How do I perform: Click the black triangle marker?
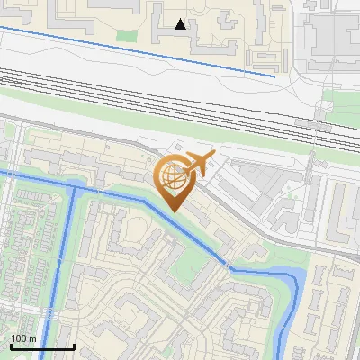tap(181, 24)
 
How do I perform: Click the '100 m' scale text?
tap(23, 337)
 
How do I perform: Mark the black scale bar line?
tap(42, 346)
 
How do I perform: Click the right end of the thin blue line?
tap(274, 76)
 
